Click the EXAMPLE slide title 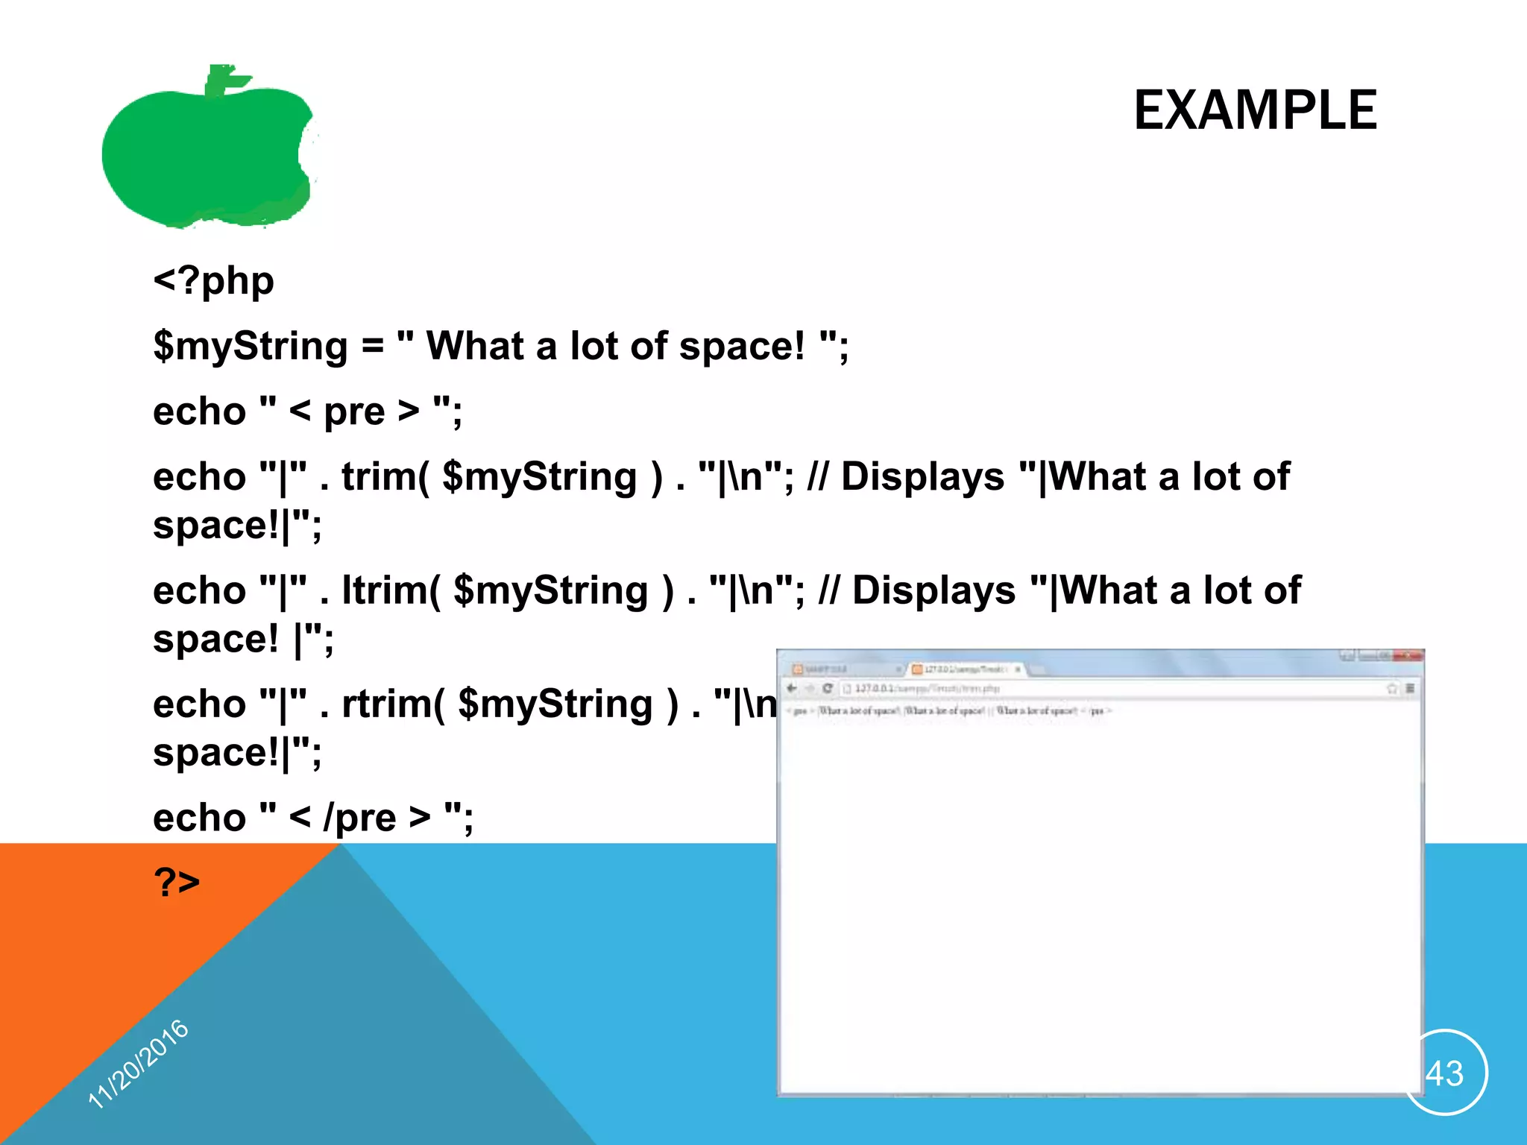pos(1255,110)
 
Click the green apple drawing pos(201,157)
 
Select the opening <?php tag pos(213,282)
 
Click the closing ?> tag pos(177,882)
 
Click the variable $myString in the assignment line pos(250,347)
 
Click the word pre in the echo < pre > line pos(353,412)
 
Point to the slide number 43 pos(1444,1073)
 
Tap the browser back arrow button pos(792,688)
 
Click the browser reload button pos(827,688)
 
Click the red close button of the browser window pos(1408,656)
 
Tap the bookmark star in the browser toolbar pos(1391,688)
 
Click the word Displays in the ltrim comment pos(933,590)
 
